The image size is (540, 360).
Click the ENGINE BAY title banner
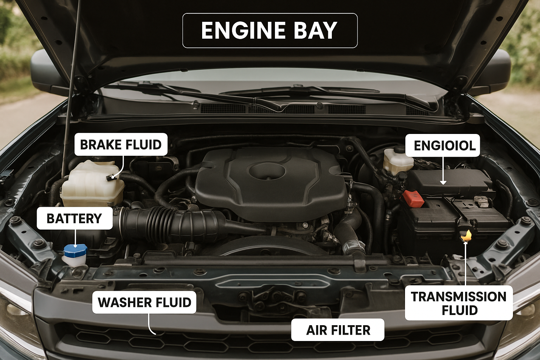270,31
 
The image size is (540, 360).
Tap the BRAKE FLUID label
121,144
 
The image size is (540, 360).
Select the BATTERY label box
75,218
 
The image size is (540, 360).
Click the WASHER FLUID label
144,302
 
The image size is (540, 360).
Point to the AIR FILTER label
338,330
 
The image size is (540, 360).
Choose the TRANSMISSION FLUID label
459,303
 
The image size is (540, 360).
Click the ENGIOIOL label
443,146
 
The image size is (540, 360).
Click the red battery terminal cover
413,198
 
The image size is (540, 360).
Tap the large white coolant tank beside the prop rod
93,185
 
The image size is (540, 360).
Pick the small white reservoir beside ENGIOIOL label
397,160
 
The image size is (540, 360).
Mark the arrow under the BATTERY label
76,239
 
